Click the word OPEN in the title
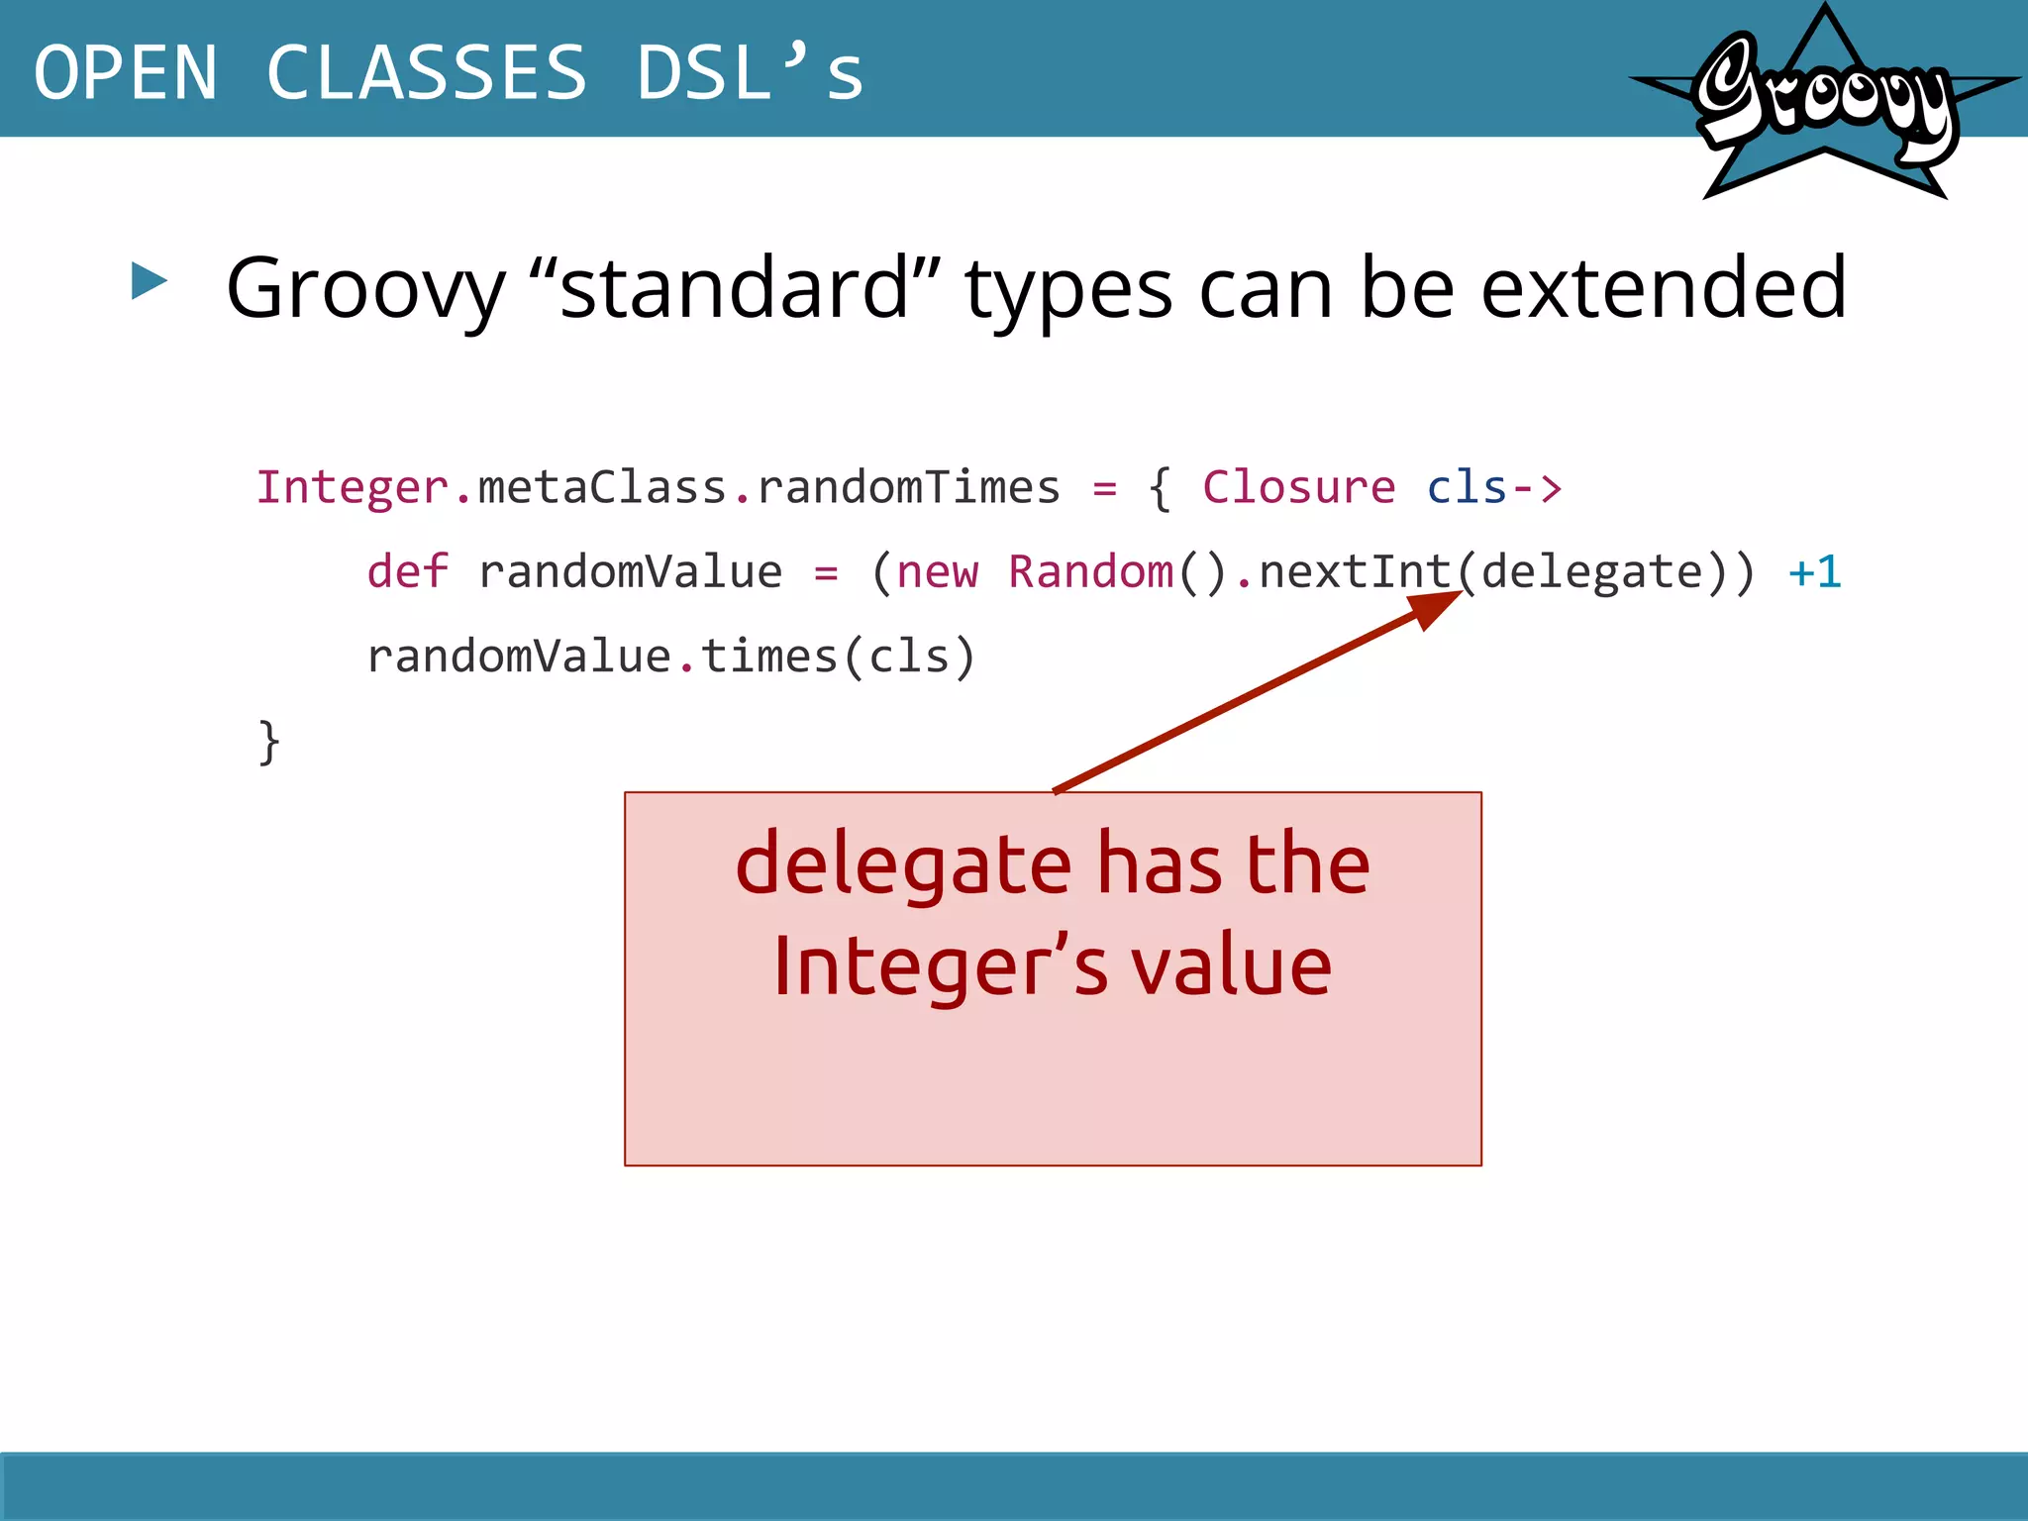(126, 73)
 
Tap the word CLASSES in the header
(427, 73)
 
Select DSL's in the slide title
(750, 73)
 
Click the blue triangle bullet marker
(149, 281)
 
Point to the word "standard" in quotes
(735, 288)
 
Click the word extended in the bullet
(1663, 288)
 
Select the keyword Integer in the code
(353, 488)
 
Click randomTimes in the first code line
(908, 488)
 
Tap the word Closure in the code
(1298, 488)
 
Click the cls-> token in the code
(1493, 488)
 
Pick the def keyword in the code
(407, 572)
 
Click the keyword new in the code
(937, 572)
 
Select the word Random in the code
(1090, 572)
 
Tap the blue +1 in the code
(1814, 572)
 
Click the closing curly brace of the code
(268, 742)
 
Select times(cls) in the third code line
(839, 657)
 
